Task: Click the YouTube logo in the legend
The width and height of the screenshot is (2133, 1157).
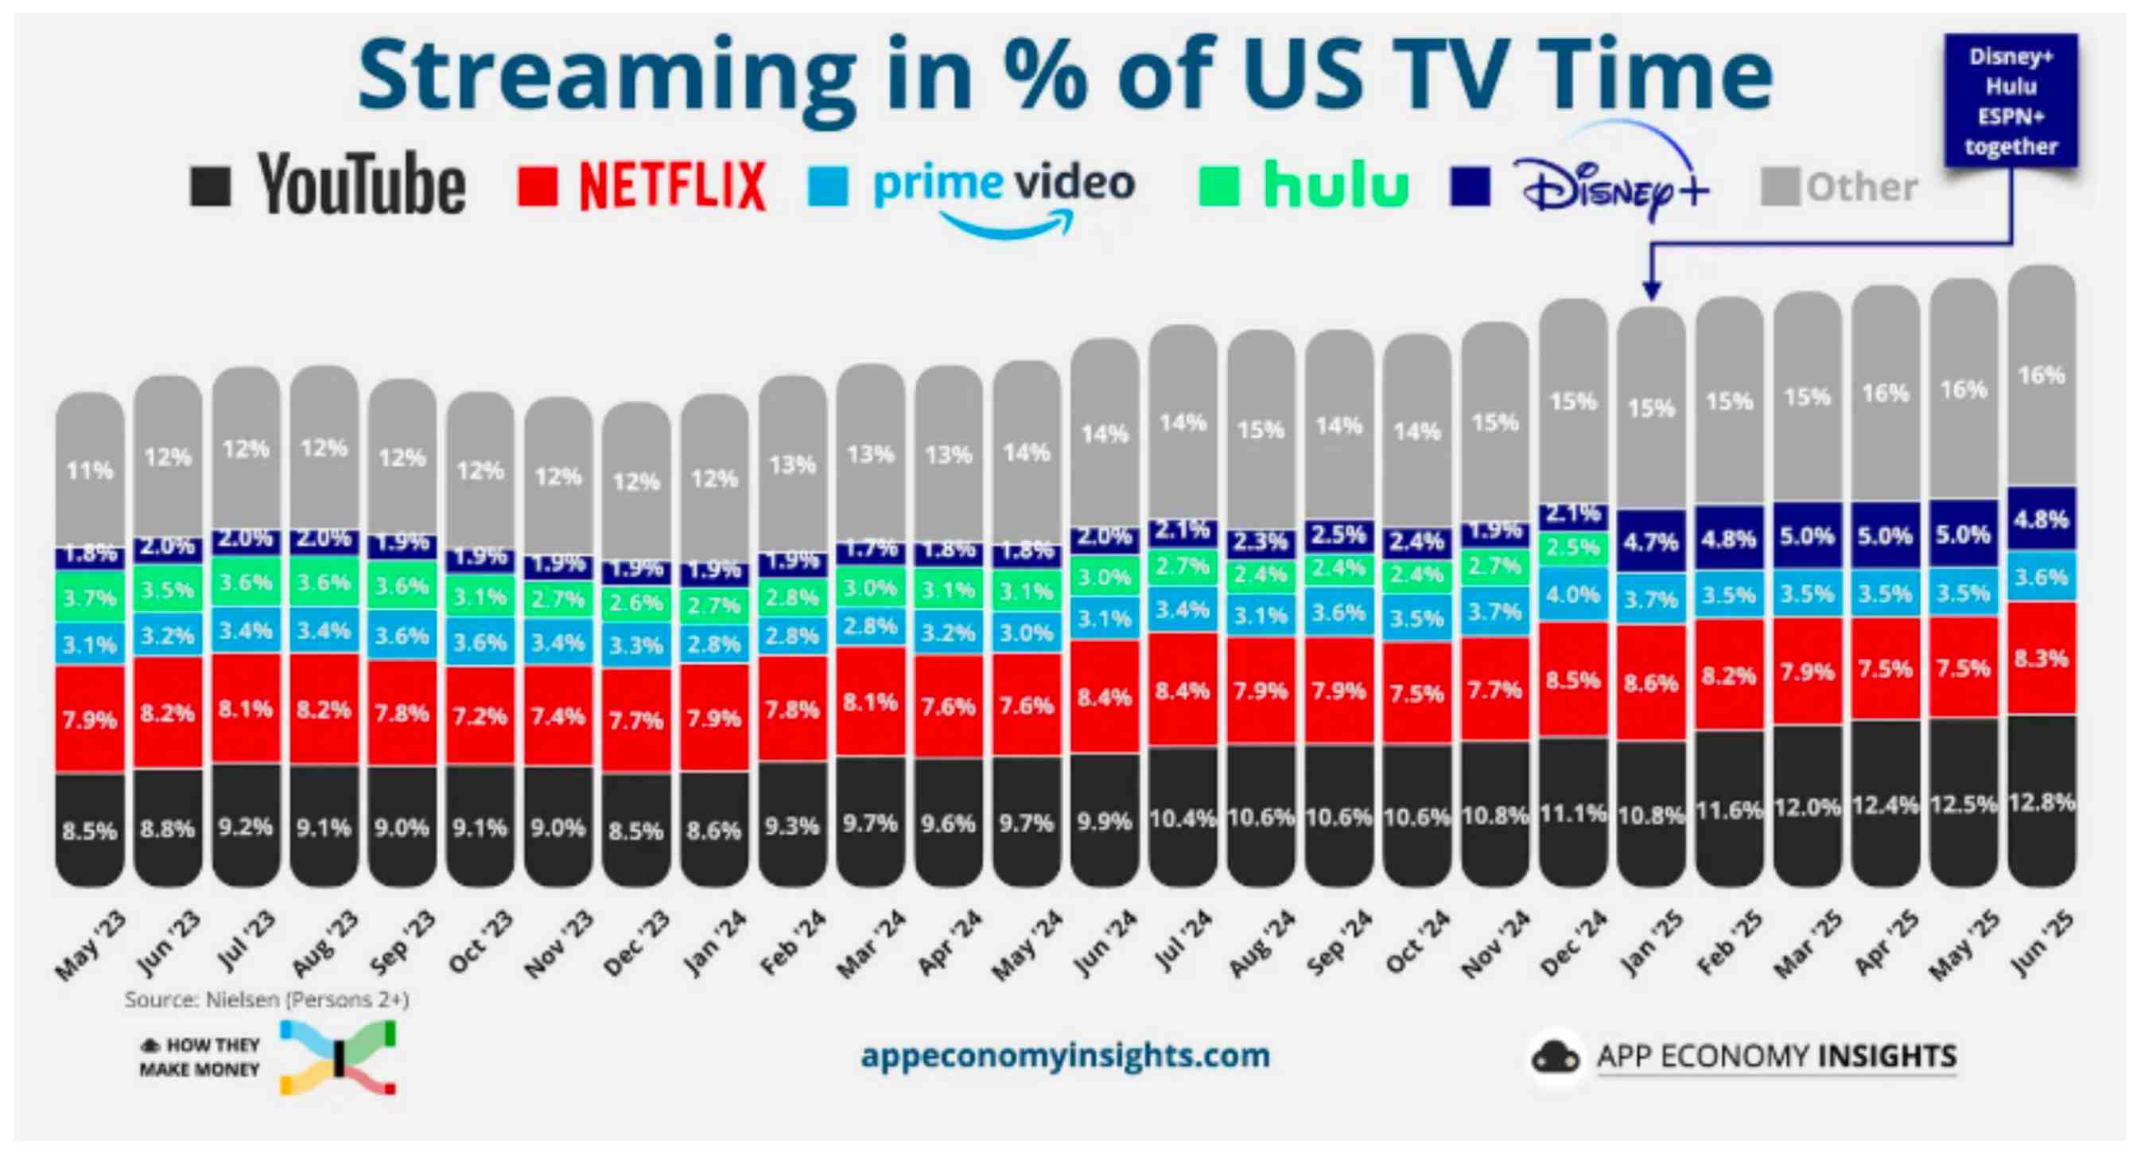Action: point(361,185)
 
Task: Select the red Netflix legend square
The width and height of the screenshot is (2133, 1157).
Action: point(538,185)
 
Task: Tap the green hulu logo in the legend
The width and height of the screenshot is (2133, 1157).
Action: point(1335,185)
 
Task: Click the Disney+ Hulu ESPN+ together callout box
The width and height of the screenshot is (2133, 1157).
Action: point(2011,101)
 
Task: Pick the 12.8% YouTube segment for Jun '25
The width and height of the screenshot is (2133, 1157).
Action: point(2041,801)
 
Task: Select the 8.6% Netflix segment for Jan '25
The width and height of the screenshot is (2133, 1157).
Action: point(1651,683)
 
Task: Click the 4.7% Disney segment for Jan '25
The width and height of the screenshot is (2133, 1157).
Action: point(1651,542)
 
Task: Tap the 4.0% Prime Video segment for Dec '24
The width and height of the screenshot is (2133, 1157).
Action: point(1573,594)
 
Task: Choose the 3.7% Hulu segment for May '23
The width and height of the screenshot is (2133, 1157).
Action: point(89,596)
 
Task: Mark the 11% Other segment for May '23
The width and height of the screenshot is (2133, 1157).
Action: point(89,470)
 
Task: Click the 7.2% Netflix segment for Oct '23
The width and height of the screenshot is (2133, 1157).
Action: point(480,715)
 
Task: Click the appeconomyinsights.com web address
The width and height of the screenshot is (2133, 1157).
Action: point(1065,1056)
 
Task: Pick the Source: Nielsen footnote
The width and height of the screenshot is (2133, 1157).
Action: point(266,999)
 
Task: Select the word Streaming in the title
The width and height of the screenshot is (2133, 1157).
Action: point(606,76)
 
